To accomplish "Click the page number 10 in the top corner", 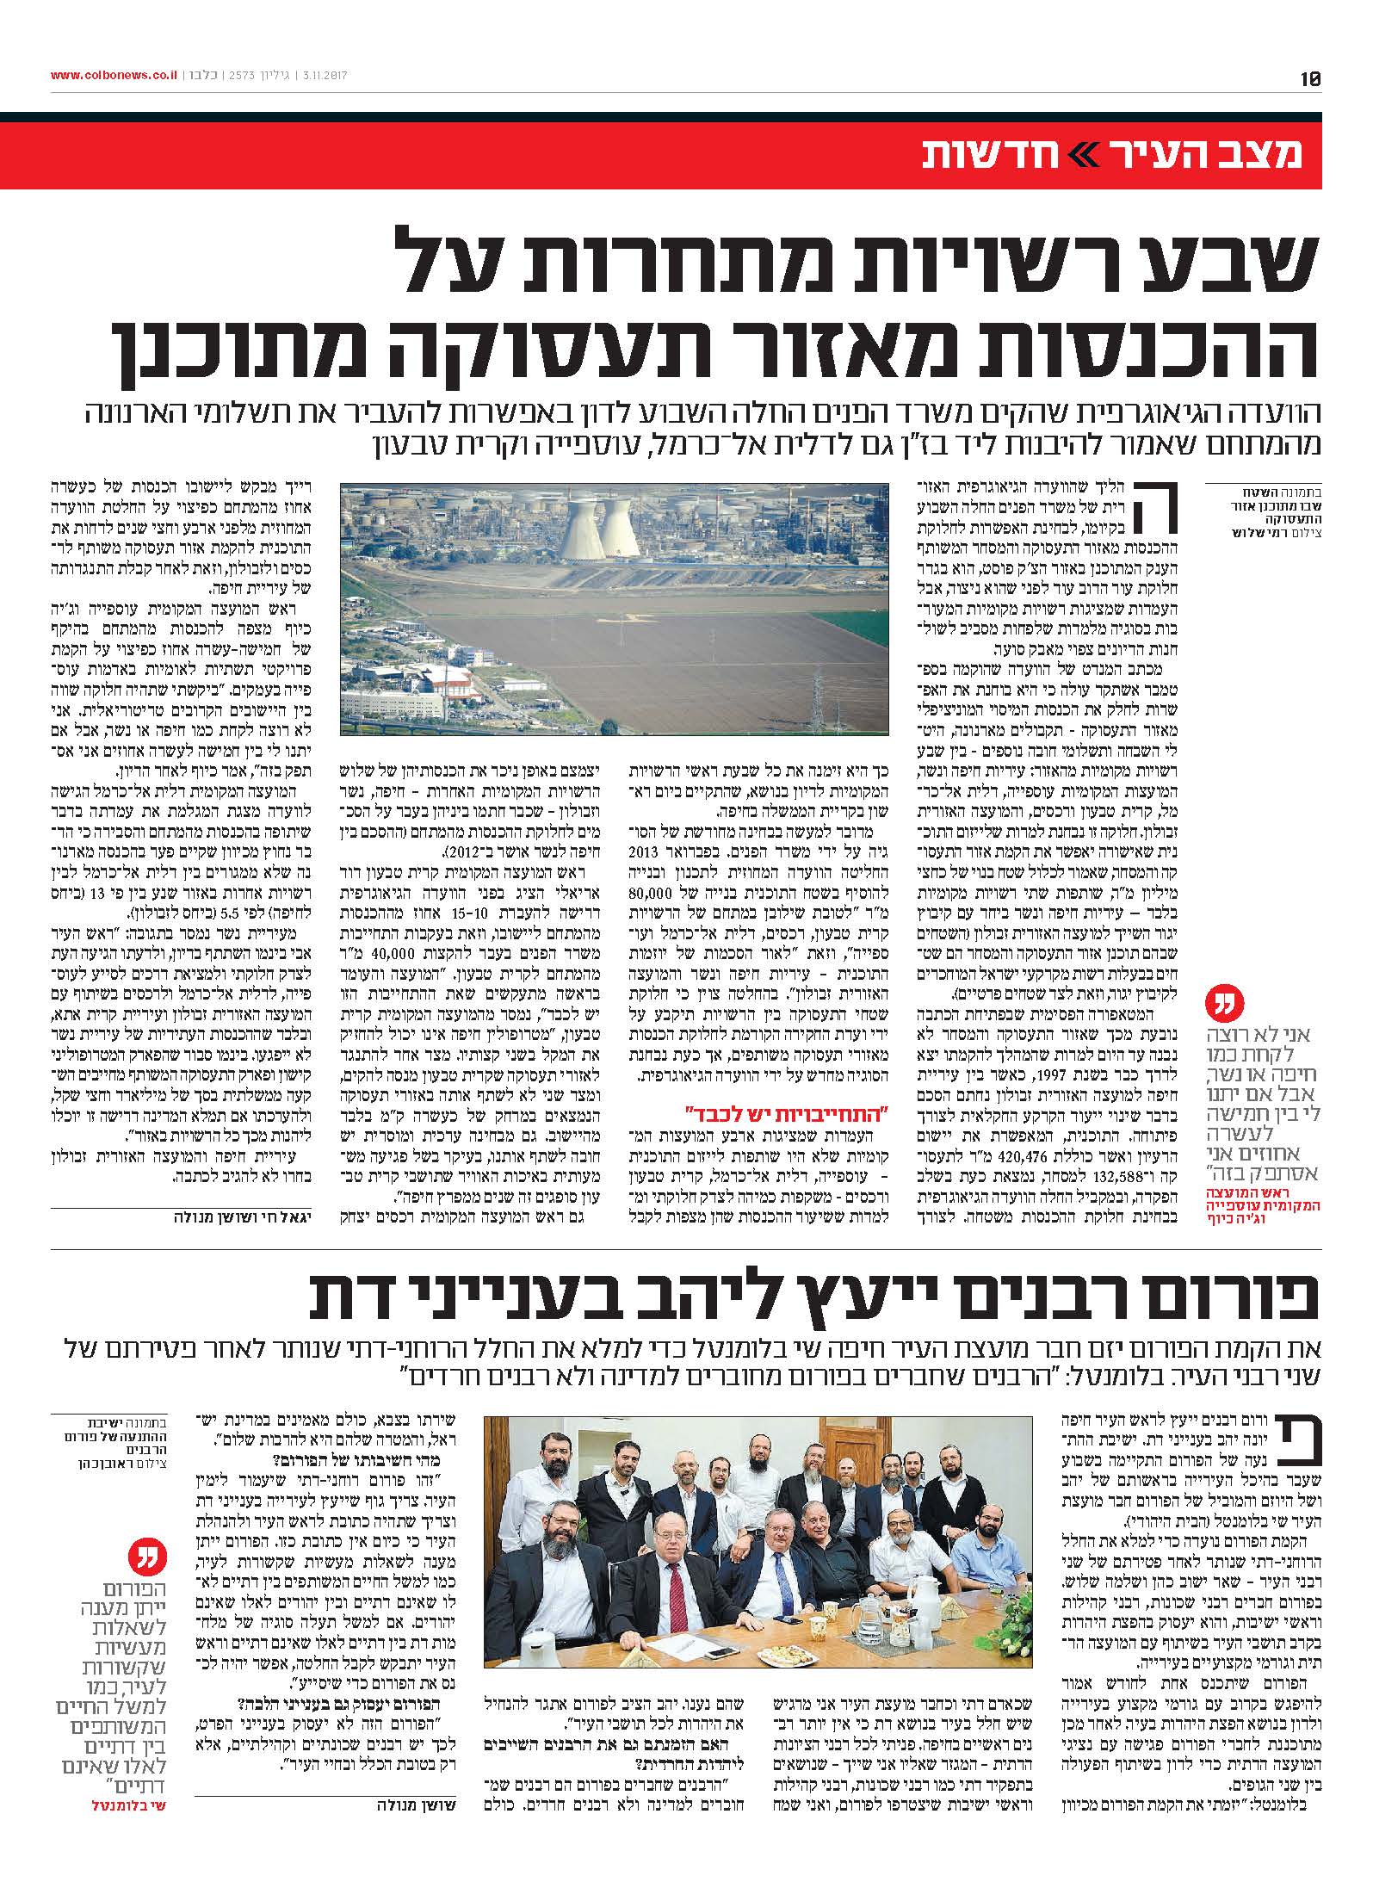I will [1310, 77].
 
